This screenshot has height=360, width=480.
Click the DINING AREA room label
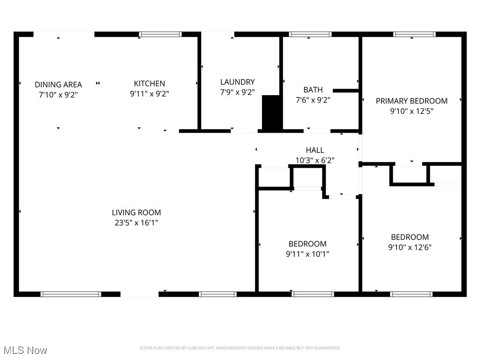pyautogui.click(x=58, y=84)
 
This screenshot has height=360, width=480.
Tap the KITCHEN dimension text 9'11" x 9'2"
pyautogui.click(x=149, y=94)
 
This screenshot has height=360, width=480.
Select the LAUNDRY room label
pyautogui.click(x=237, y=82)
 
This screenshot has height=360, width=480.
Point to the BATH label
pyautogui.click(x=313, y=90)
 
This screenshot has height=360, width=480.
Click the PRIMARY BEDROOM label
pyautogui.click(x=412, y=101)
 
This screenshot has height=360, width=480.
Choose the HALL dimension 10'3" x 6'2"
pyautogui.click(x=315, y=160)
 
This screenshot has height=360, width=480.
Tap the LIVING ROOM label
pyautogui.click(x=136, y=212)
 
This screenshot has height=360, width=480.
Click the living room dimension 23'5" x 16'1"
pyautogui.click(x=136, y=223)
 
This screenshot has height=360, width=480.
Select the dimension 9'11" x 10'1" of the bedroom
pyautogui.click(x=307, y=254)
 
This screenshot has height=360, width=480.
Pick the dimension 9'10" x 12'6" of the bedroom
pyautogui.click(x=410, y=247)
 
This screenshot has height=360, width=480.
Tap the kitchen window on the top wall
pyautogui.click(x=160, y=34)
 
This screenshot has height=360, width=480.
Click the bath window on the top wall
pyautogui.click(x=310, y=34)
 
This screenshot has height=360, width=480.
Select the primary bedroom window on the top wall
pyautogui.click(x=414, y=34)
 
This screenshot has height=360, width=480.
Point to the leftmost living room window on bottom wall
pyautogui.click(x=71, y=294)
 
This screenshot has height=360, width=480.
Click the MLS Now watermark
pyautogui.click(x=25, y=350)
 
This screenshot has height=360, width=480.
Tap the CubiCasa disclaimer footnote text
pyautogui.click(x=240, y=348)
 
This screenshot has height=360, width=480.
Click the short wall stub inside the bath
pyautogui.click(x=345, y=90)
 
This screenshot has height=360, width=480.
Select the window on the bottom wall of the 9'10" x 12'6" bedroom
pyautogui.click(x=411, y=294)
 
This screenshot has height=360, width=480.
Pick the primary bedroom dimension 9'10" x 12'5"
pyautogui.click(x=412, y=111)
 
